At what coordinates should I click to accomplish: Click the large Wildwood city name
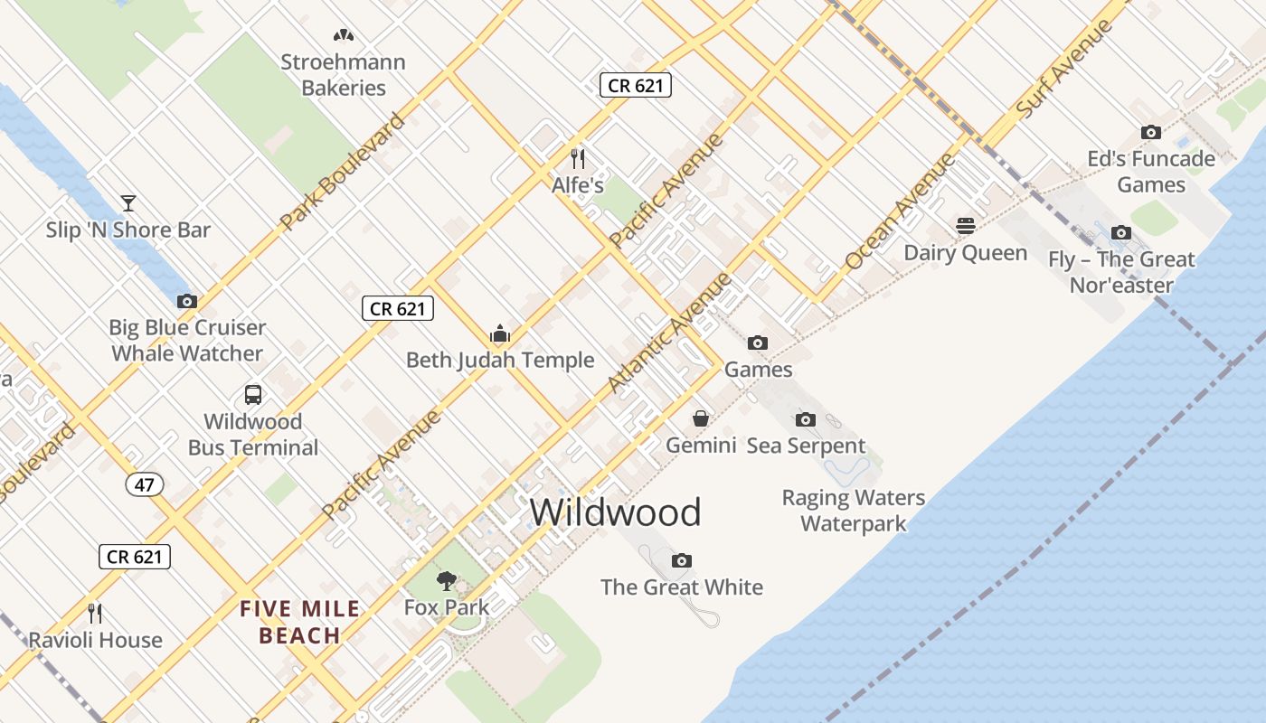(x=615, y=512)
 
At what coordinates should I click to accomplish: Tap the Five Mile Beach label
(x=299, y=623)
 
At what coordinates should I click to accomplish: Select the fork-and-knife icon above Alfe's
(x=578, y=159)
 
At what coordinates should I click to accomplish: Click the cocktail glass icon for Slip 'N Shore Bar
(x=128, y=202)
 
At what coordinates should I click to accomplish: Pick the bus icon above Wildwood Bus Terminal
(x=253, y=395)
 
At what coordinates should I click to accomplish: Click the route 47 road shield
(x=145, y=484)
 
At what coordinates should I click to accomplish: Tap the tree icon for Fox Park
(x=446, y=580)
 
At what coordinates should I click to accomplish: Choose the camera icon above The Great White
(x=682, y=560)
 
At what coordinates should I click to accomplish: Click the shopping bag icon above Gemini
(x=701, y=418)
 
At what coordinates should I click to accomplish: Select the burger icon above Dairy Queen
(x=966, y=225)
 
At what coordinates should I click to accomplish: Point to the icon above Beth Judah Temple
(x=500, y=333)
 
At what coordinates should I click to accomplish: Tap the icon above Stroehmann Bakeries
(x=343, y=35)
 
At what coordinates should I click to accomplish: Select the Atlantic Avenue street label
(x=669, y=333)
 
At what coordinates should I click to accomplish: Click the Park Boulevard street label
(x=342, y=172)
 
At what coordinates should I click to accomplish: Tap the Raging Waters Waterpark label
(x=853, y=510)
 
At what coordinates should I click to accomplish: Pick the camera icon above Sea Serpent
(x=805, y=419)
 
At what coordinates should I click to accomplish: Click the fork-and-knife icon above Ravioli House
(x=95, y=614)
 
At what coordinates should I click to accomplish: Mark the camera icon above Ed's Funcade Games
(x=1150, y=132)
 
